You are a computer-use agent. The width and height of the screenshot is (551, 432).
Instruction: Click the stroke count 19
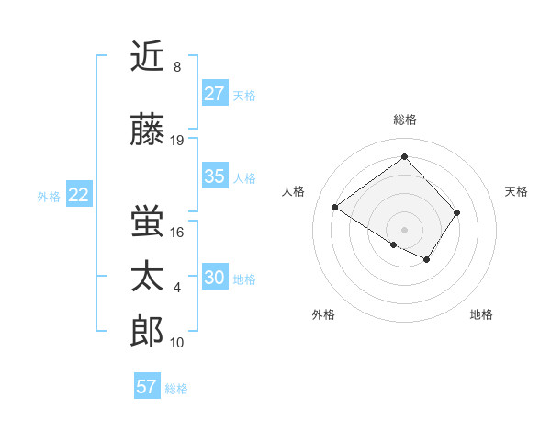(177, 141)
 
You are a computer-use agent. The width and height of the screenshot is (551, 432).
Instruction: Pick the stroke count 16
(177, 232)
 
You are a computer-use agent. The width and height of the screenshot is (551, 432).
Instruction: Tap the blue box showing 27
(215, 94)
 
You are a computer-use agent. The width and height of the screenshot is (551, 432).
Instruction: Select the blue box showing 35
(215, 176)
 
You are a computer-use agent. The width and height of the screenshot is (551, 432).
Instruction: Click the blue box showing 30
(215, 278)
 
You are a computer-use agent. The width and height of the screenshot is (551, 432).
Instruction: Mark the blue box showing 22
(79, 195)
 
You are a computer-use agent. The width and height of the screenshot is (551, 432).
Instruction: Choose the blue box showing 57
(147, 387)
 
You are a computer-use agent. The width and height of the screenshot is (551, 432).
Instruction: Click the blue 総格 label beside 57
(176, 389)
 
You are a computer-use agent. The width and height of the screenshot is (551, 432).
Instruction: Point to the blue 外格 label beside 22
(49, 196)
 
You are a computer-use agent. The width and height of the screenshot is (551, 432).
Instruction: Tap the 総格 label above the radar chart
(404, 119)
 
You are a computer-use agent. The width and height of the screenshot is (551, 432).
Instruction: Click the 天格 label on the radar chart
(516, 191)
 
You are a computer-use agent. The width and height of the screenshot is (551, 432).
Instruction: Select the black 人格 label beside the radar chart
(294, 191)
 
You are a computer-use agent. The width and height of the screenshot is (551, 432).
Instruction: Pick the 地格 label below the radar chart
(481, 314)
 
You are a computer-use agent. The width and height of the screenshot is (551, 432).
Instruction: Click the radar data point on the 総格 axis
(404, 156)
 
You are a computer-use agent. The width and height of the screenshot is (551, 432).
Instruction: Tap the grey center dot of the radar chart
(404, 228)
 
